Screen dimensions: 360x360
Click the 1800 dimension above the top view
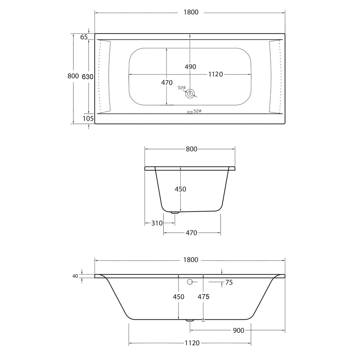pos(191,12)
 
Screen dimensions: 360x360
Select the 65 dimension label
pos(84,37)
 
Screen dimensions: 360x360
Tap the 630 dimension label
pos(87,77)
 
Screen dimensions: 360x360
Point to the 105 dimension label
pos(88,118)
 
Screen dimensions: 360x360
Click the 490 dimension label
pos(190,67)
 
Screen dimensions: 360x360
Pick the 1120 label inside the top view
pos(215,74)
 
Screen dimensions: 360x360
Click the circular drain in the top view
pos(190,94)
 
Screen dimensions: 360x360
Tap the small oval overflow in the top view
pos(190,112)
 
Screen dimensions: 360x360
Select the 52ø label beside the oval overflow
pos(197,111)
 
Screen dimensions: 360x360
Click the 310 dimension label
pos(157,223)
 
